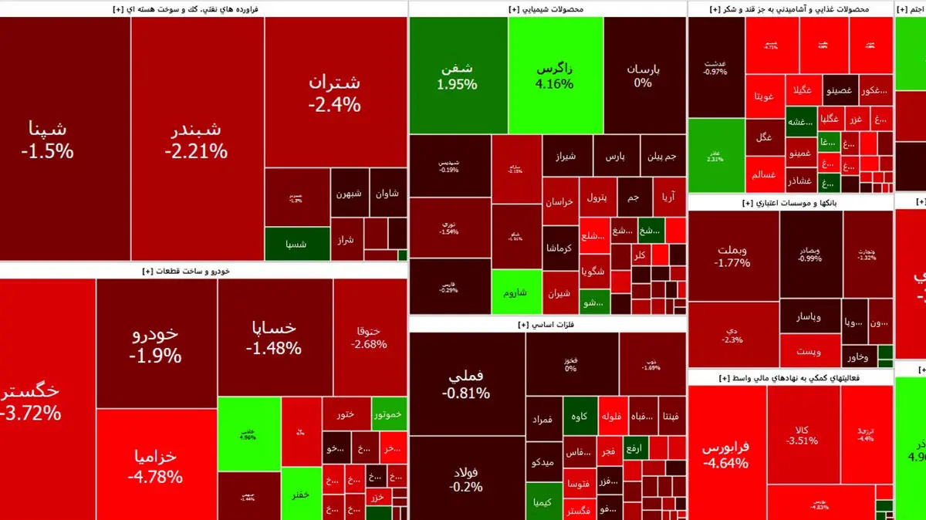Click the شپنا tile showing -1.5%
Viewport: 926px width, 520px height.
click(48, 139)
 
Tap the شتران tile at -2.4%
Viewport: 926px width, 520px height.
click(334, 93)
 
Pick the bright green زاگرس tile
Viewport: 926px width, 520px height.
click(555, 75)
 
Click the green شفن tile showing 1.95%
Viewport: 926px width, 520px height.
click(457, 76)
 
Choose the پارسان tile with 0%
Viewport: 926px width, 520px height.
click(644, 75)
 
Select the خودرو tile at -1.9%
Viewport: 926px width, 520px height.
click(156, 344)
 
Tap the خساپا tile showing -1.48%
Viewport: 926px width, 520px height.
click(274, 338)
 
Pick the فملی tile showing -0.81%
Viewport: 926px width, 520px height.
click(466, 383)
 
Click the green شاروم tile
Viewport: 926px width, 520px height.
click(515, 292)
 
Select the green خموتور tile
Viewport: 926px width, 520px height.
click(389, 414)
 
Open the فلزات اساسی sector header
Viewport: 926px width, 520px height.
click(548, 325)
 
